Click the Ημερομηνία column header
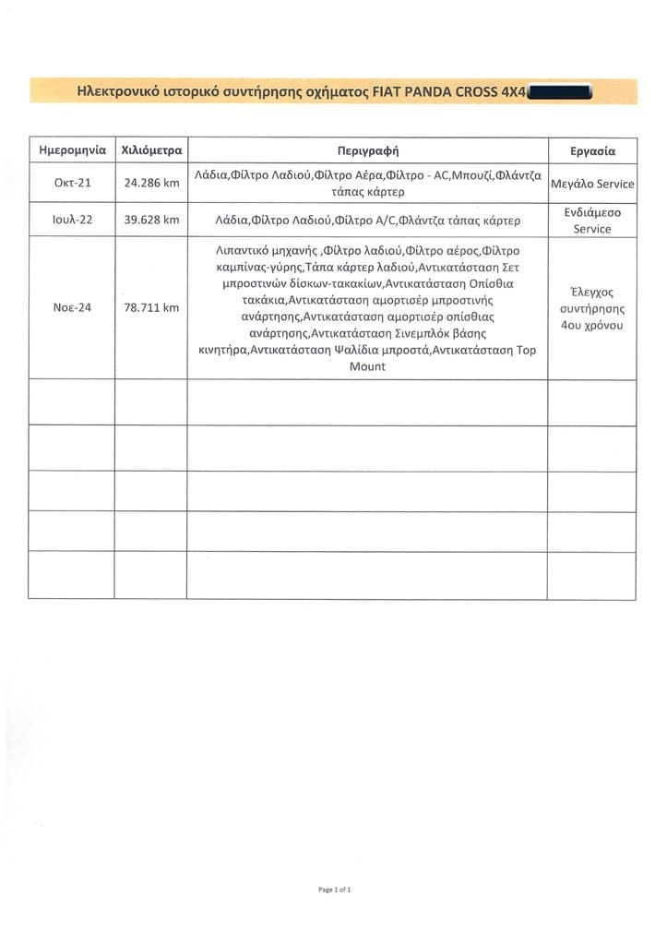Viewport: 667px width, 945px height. [72, 150]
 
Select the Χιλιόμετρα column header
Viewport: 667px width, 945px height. [151, 150]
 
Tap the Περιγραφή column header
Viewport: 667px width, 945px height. [368, 150]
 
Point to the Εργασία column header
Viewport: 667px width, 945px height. [592, 150]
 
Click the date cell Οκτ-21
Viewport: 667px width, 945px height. [72, 183]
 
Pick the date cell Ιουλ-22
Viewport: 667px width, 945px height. [72, 221]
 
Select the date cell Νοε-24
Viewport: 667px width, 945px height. [72, 307]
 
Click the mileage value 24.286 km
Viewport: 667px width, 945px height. [151, 183]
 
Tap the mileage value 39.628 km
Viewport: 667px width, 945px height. [151, 221]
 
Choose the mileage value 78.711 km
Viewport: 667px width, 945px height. [151, 307]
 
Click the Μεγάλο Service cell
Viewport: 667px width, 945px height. [592, 184]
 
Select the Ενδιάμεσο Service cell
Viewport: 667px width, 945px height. [592, 221]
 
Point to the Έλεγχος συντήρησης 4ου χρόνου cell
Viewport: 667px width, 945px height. [592, 308]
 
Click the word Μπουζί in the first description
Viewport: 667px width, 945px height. [470, 175]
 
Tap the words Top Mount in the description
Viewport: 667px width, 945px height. [368, 359]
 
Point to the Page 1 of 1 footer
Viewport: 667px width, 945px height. [334, 889]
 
